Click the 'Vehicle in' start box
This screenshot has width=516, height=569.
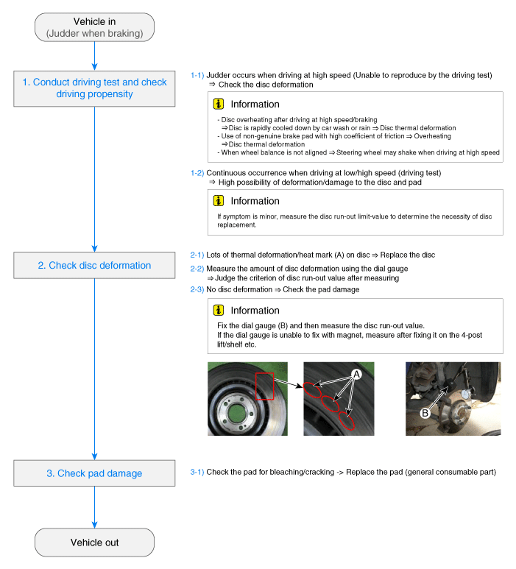tap(95, 27)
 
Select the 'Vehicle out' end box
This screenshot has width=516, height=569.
tap(95, 543)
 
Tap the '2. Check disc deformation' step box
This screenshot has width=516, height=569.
tap(95, 266)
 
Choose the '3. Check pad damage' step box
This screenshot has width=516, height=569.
tap(95, 473)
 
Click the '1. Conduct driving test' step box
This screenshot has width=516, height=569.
tap(95, 88)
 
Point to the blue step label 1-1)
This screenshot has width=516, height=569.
tap(197, 75)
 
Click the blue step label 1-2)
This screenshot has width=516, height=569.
tap(197, 173)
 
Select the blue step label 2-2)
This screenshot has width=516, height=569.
tap(197, 269)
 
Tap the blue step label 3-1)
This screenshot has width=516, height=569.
tap(197, 472)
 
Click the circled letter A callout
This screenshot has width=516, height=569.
tap(356, 375)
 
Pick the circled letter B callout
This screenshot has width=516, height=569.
tap(425, 414)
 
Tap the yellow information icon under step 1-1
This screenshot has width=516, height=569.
tap(219, 105)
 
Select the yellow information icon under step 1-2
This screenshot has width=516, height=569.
tap(219, 201)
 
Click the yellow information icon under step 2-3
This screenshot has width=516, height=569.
tap(219, 311)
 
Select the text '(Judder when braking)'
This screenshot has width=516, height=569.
tap(95, 33)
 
